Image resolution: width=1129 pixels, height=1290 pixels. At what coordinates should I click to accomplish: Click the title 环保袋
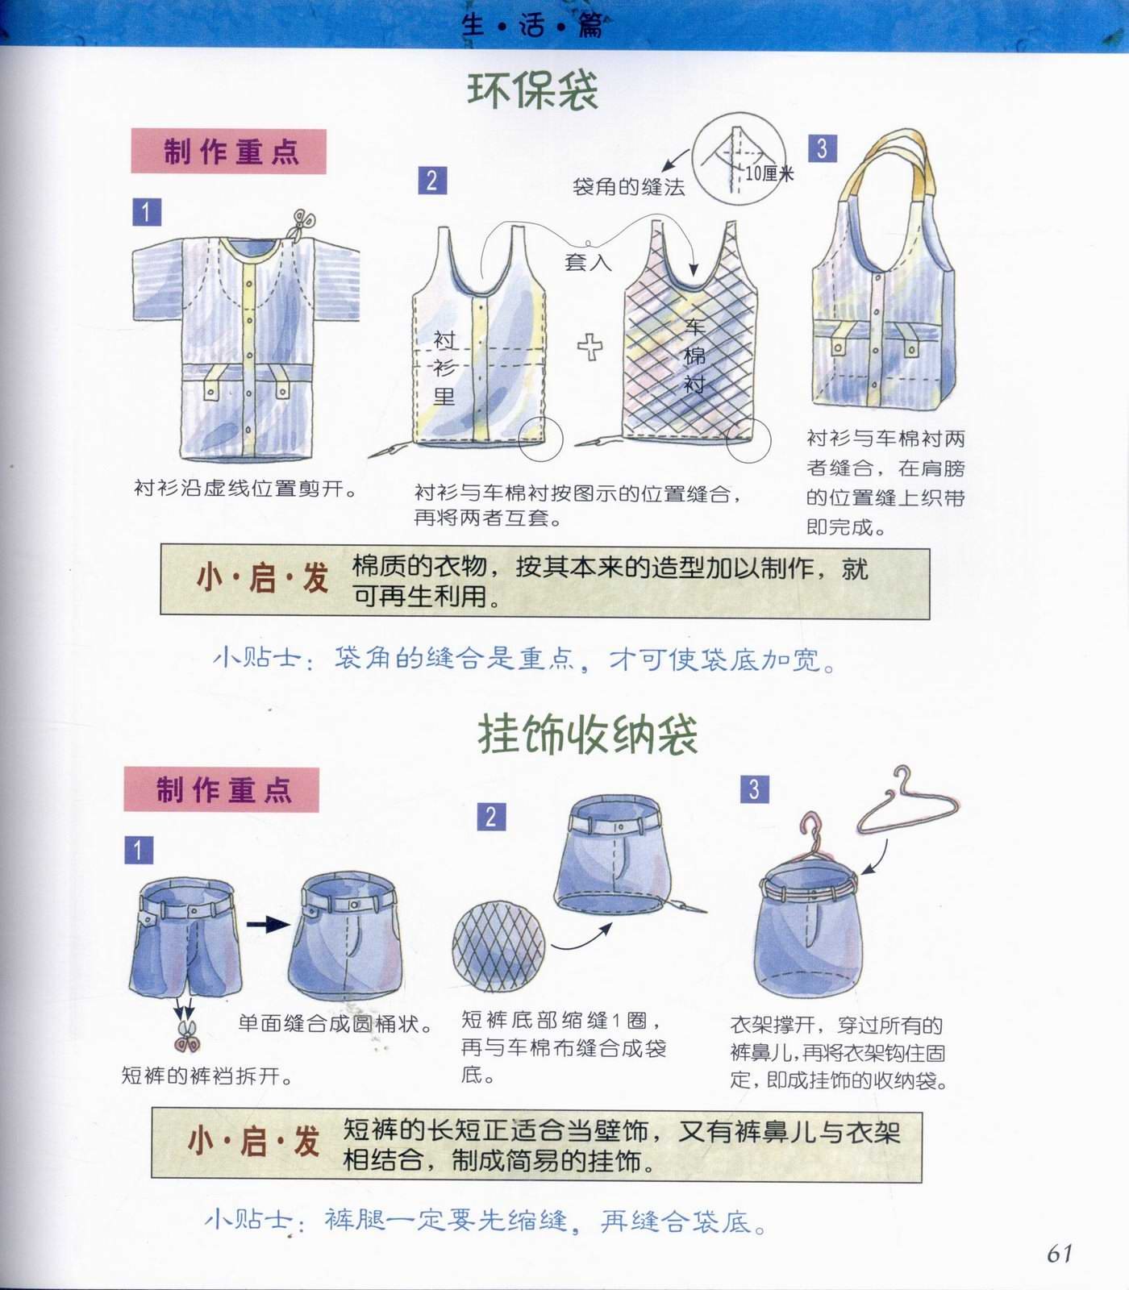tap(532, 91)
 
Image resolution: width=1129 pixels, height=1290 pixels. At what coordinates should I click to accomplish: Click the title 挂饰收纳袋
tap(588, 734)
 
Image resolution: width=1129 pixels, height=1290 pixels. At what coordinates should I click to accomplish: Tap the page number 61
tap(1060, 1253)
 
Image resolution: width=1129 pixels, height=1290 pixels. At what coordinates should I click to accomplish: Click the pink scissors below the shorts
tap(187, 1035)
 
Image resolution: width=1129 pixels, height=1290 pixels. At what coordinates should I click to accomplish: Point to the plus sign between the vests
tap(590, 347)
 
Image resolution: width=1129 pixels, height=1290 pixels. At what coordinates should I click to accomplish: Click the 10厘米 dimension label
tap(769, 173)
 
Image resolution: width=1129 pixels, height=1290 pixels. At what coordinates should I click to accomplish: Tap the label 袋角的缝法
tap(628, 187)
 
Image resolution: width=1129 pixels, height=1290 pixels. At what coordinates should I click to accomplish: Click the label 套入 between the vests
tap(588, 262)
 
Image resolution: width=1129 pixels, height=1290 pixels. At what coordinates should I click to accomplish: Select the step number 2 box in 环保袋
tap(431, 180)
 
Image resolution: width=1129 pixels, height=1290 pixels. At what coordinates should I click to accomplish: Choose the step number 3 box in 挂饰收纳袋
tap(754, 789)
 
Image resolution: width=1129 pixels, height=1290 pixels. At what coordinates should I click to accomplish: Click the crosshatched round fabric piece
tap(498, 947)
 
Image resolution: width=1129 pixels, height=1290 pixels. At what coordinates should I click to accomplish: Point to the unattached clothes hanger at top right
tap(907, 806)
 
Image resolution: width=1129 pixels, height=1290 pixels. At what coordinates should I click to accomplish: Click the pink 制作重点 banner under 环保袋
tap(228, 152)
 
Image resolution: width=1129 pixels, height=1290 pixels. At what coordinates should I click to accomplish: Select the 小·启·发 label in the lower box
tap(252, 1142)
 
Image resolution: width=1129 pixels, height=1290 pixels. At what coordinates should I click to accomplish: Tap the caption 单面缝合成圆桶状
tap(335, 1023)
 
